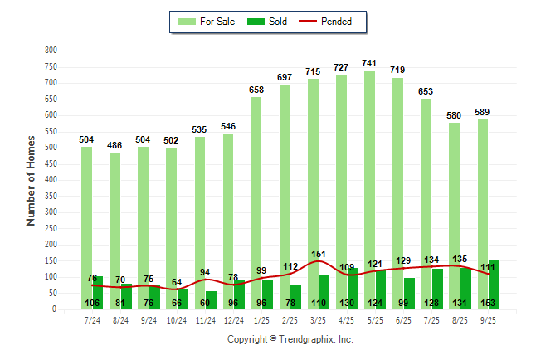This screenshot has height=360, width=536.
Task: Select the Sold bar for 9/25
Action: [495, 285]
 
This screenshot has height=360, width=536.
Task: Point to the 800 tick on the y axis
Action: [51, 51]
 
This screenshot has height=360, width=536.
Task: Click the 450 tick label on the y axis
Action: [51, 164]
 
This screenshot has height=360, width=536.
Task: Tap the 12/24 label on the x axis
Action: [234, 321]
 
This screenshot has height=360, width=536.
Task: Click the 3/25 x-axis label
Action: [319, 321]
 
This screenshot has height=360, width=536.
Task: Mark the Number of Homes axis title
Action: [31, 181]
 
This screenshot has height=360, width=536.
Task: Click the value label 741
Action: [371, 63]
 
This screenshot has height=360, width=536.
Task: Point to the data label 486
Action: [115, 145]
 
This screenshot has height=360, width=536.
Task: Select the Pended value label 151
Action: [319, 253]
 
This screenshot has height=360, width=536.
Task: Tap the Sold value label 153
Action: [490, 303]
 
